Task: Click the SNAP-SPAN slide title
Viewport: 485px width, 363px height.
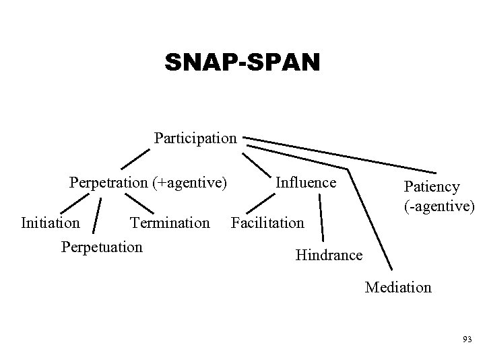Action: pyautogui.click(x=244, y=63)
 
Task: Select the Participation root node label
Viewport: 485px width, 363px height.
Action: pyautogui.click(x=195, y=138)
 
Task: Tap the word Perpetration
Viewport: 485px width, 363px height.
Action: pyautogui.click(x=108, y=182)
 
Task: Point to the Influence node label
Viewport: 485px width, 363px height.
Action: pyautogui.click(x=306, y=182)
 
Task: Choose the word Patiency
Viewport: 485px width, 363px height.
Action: pyautogui.click(x=431, y=187)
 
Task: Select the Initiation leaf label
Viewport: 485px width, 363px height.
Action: pyautogui.click(x=51, y=222)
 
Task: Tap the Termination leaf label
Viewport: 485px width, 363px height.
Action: pyautogui.click(x=170, y=222)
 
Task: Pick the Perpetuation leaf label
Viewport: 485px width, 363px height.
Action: pyautogui.click(x=102, y=246)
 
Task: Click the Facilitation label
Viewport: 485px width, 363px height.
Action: pyautogui.click(x=267, y=222)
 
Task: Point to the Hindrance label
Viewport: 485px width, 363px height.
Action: pyautogui.click(x=329, y=255)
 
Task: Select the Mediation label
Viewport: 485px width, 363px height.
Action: pyautogui.click(x=398, y=288)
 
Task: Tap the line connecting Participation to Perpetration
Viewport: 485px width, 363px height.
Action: pyautogui.click(x=135, y=159)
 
